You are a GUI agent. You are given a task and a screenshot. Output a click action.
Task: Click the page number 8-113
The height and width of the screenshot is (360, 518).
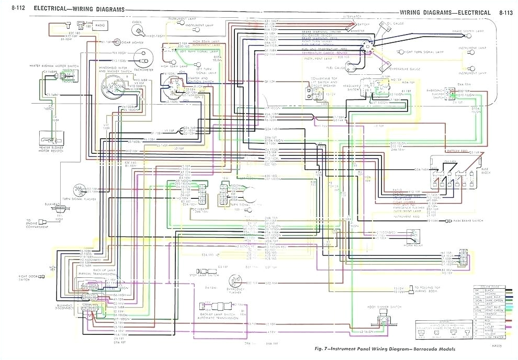pyautogui.click(x=505, y=13)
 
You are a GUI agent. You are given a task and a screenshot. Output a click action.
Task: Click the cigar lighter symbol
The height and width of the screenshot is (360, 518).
pyautogui.click(x=110, y=42)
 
